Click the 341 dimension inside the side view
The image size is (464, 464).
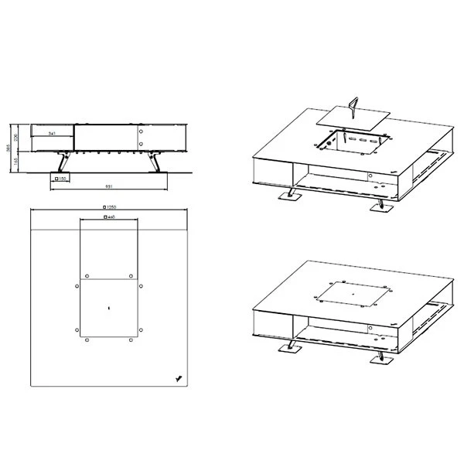click(x=53, y=134)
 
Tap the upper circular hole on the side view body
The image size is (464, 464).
click(x=142, y=130)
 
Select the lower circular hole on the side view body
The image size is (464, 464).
click(x=142, y=142)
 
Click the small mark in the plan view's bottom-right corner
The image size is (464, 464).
click(x=179, y=378)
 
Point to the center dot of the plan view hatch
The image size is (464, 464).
click(x=108, y=309)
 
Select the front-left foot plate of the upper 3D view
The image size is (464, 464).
click(x=290, y=198)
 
